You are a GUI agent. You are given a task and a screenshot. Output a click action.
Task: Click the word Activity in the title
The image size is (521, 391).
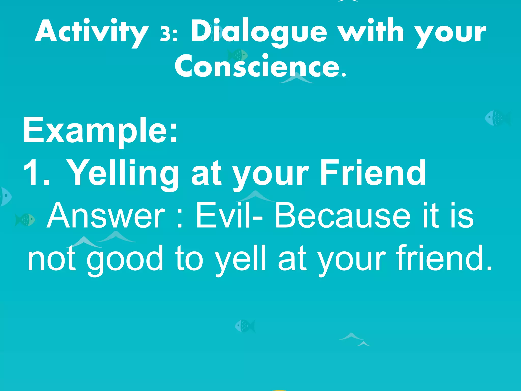[x=92, y=32]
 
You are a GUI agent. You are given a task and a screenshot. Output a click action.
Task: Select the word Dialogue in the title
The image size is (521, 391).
[x=259, y=32]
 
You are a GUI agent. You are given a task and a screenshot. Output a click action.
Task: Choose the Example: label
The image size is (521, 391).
[x=100, y=130]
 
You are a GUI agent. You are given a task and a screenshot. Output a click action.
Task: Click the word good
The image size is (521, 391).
[x=125, y=260]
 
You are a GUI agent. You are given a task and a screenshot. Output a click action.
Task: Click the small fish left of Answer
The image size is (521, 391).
[x=25, y=219]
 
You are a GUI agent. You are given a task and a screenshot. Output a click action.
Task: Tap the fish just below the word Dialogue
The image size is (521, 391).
[x=237, y=55]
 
